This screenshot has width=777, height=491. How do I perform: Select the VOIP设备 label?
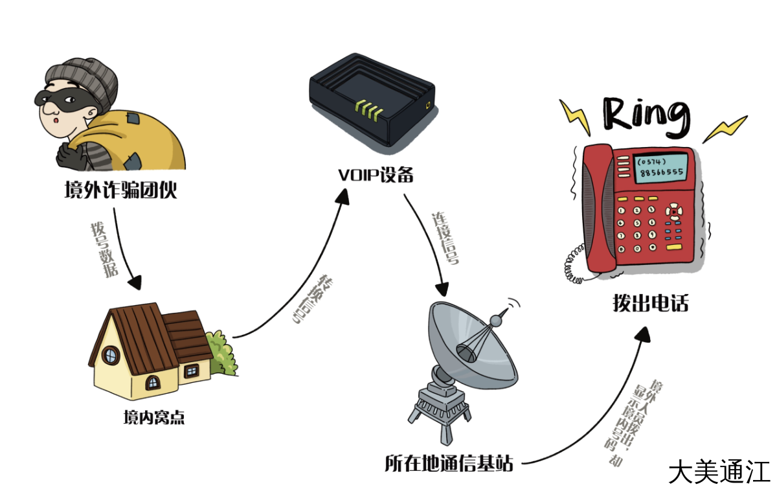376,176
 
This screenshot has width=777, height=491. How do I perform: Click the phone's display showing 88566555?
659,166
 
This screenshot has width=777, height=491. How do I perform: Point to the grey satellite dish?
469,347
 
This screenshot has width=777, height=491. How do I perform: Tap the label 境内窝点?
153,417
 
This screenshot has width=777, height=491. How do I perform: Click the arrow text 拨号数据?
104,249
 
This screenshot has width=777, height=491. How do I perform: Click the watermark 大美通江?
719,471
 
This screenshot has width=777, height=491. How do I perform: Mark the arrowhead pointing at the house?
135,282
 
